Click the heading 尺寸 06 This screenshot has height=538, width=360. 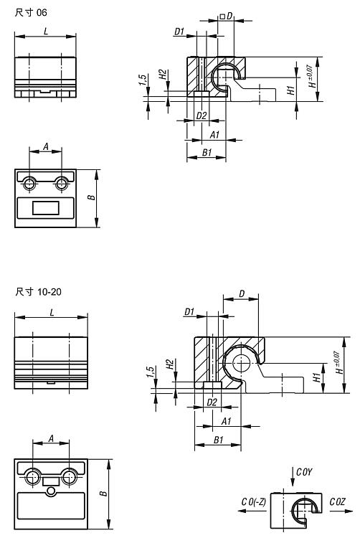click(31, 13)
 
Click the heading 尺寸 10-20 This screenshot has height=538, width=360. click(39, 292)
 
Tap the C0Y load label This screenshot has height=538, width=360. click(304, 472)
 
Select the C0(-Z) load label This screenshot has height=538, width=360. click(254, 502)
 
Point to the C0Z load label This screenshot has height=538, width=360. click(337, 502)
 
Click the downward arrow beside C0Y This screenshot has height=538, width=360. click(293, 476)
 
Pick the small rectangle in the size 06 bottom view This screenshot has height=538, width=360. click(46, 208)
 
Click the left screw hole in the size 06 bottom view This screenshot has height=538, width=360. click(29, 184)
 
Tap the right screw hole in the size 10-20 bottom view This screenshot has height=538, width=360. click(69, 476)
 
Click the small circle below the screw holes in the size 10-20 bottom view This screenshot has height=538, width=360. click(51, 491)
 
